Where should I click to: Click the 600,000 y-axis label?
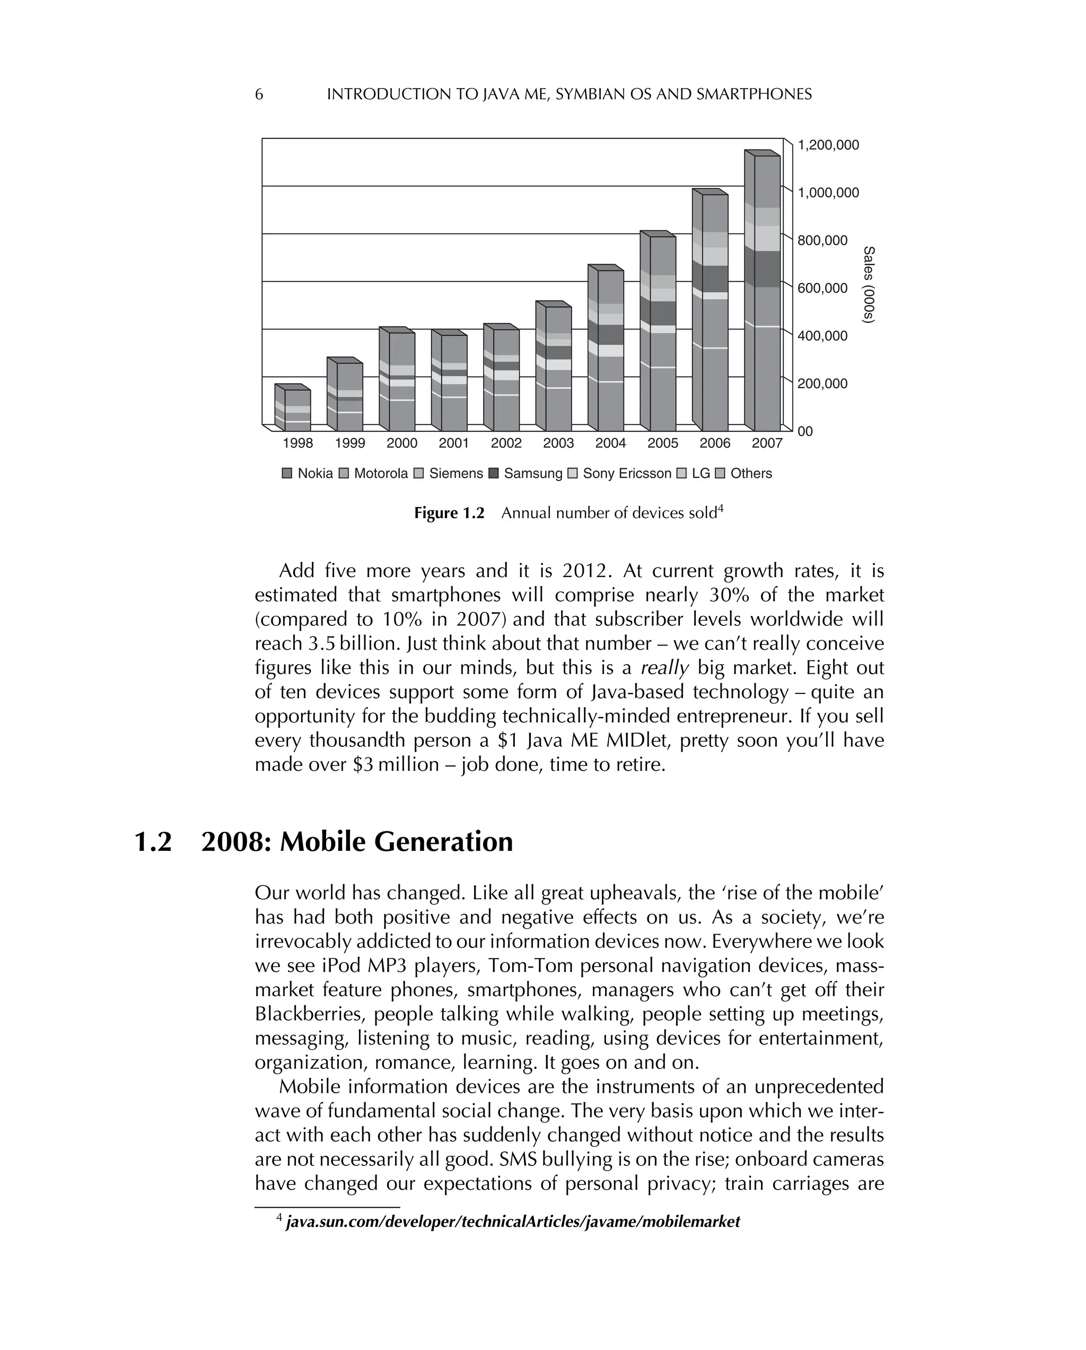click(822, 288)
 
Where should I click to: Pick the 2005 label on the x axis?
click(662, 443)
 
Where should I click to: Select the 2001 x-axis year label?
click(453, 443)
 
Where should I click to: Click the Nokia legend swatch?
click(287, 473)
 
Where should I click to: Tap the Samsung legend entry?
click(525, 473)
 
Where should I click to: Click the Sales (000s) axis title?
click(868, 285)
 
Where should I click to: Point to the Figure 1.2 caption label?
click(449, 513)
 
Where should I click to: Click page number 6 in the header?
click(259, 94)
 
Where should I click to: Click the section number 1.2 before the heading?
click(153, 841)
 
